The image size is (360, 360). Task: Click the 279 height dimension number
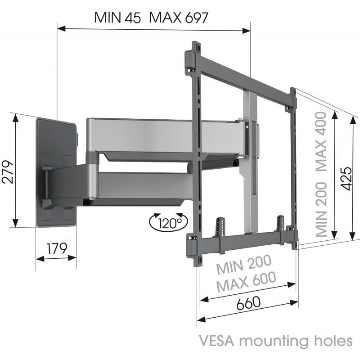pos(7,171)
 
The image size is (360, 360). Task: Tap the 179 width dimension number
pos(57,248)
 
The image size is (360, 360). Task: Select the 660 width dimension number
pos(248,303)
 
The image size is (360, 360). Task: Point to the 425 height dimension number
pos(346,178)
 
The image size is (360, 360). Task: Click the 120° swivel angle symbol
pos(168,222)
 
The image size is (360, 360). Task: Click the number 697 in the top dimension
pos(197,18)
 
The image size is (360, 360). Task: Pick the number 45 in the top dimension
pos(133,18)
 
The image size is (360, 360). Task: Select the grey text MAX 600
pos(246,282)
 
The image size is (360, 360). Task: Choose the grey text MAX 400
pos(321,142)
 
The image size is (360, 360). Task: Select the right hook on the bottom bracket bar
pos(280,223)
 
